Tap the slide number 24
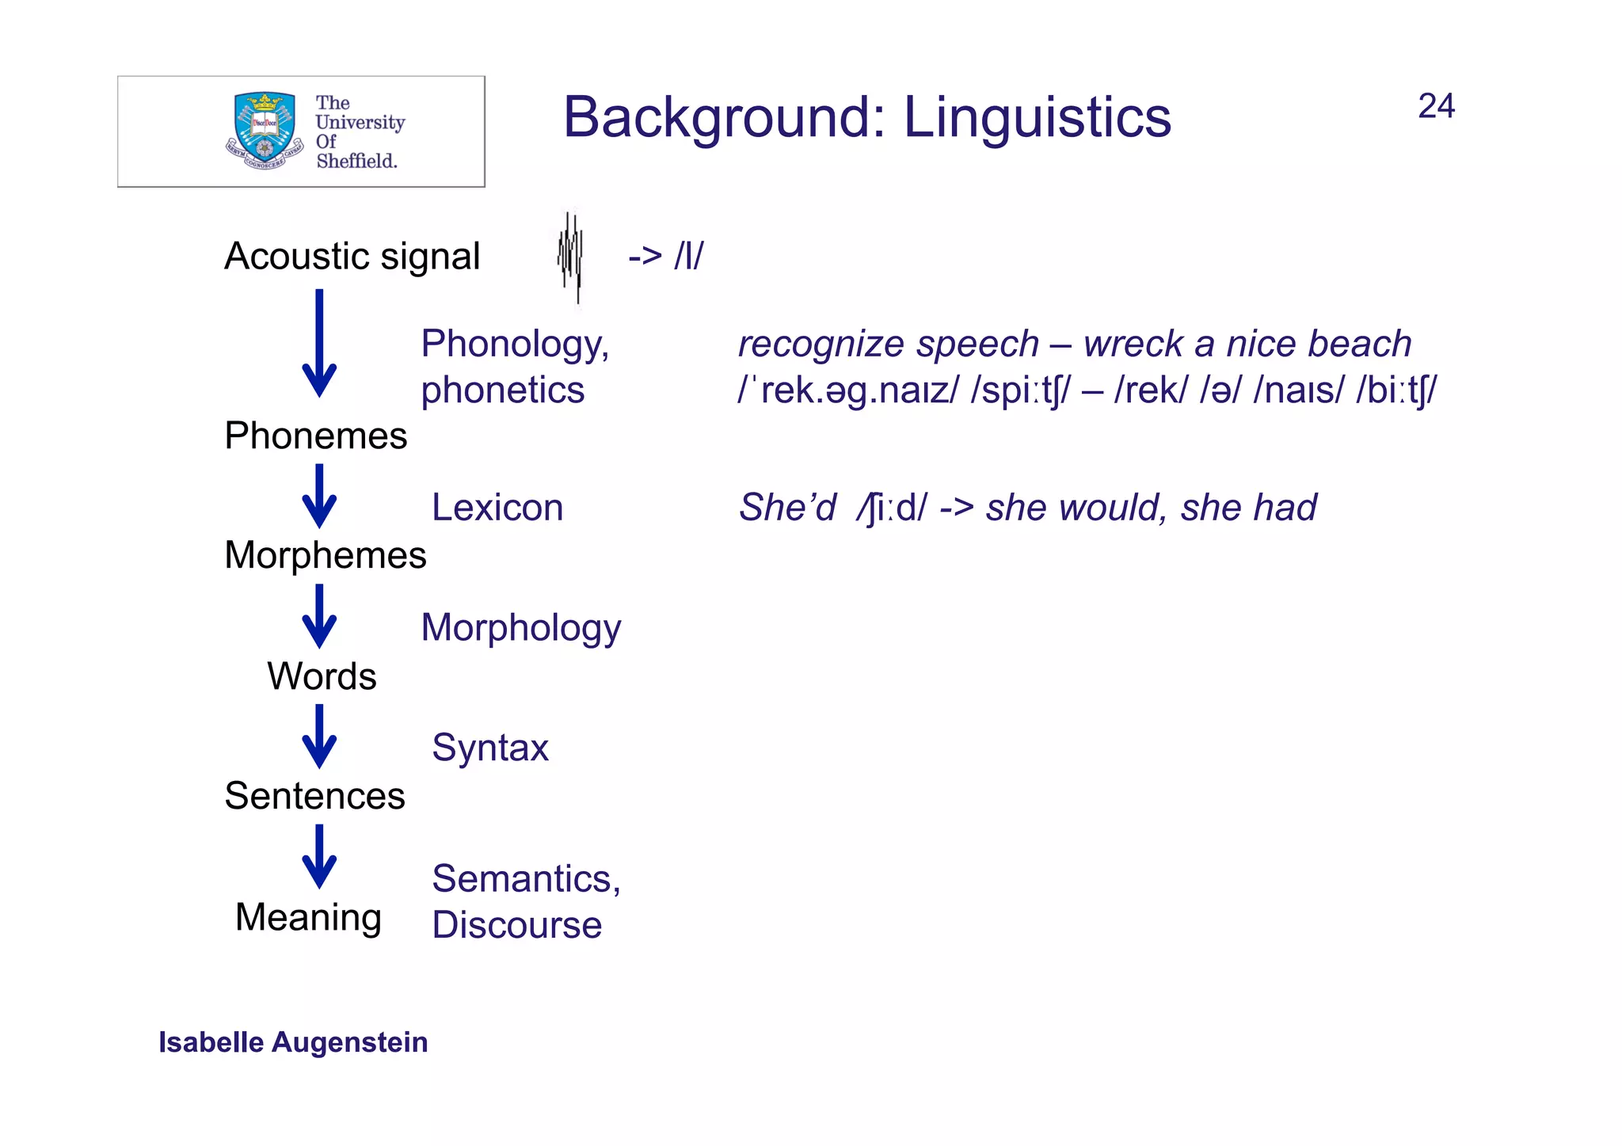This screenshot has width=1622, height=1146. [1435, 106]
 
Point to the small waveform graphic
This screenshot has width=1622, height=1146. [570, 257]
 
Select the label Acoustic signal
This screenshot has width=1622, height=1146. [352, 257]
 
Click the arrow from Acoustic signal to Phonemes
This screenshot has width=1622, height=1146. [319, 345]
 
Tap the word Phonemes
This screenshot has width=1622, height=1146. [315, 436]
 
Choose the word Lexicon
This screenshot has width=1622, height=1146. [497, 507]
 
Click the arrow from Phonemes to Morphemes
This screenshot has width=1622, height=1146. [319, 497]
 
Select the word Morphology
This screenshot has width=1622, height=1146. [520, 627]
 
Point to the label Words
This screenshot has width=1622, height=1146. [322, 676]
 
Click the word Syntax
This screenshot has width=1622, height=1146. [489, 748]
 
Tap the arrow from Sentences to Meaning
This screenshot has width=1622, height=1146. [319, 857]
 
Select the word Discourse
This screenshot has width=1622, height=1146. [516, 925]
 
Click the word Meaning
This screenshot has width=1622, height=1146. [308, 917]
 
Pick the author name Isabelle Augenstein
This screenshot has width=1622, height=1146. [293, 1042]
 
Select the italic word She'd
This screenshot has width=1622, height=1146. [786, 507]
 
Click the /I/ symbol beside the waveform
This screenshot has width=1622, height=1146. [687, 257]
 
